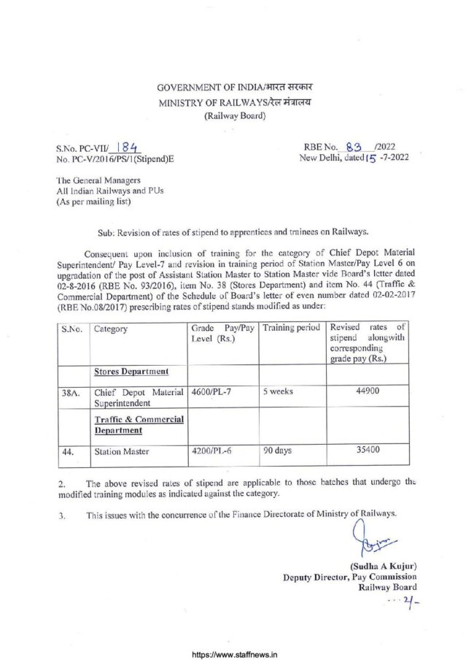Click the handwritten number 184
point(131,147)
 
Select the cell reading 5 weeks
point(279,391)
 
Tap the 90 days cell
point(277,450)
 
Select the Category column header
point(111,329)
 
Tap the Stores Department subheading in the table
point(131,372)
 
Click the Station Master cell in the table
point(122,452)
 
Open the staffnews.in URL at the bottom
point(237,656)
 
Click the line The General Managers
point(95,180)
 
